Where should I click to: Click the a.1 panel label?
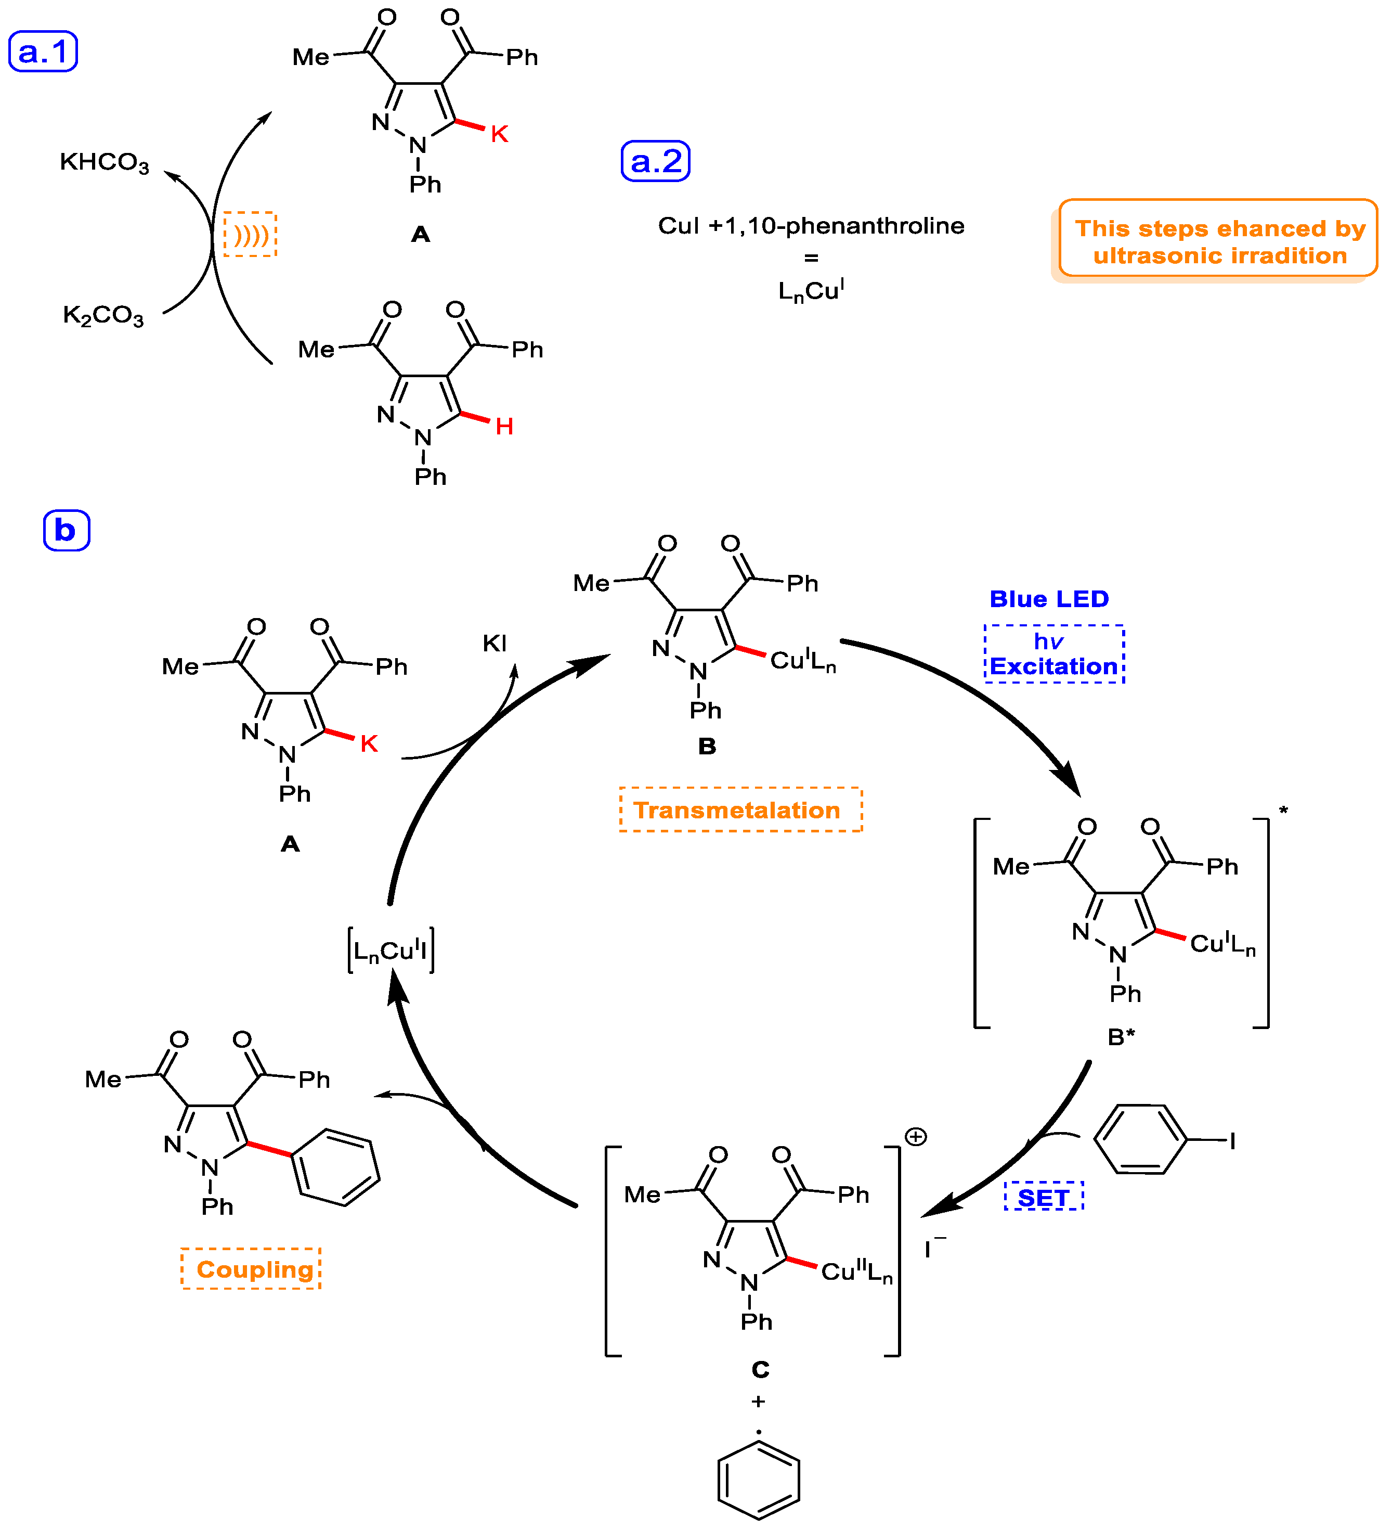point(43,52)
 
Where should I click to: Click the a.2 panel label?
point(655,161)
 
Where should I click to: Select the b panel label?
point(66,530)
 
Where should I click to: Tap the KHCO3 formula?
point(105,162)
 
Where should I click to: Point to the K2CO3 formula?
point(103,315)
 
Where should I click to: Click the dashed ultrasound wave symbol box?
point(250,234)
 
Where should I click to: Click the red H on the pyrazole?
point(504,427)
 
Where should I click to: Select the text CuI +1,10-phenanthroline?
point(811,226)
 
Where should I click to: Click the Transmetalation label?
point(740,810)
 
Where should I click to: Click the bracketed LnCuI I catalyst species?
point(391,949)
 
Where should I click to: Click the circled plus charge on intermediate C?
point(915,1136)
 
